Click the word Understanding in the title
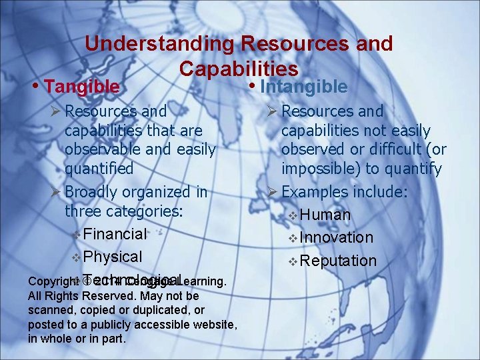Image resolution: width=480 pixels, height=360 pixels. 159,44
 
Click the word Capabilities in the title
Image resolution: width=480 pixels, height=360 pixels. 239,69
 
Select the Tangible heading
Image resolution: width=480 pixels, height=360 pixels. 82,87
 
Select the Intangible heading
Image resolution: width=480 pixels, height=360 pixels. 303,87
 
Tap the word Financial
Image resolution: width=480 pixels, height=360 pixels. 115,234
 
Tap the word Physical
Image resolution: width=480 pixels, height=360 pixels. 113,257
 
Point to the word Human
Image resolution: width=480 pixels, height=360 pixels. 325,215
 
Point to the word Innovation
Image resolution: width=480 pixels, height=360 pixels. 337,237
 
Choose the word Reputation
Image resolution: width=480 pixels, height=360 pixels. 339,261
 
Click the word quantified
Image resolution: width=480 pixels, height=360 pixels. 99,169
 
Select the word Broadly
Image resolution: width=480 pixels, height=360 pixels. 93,192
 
